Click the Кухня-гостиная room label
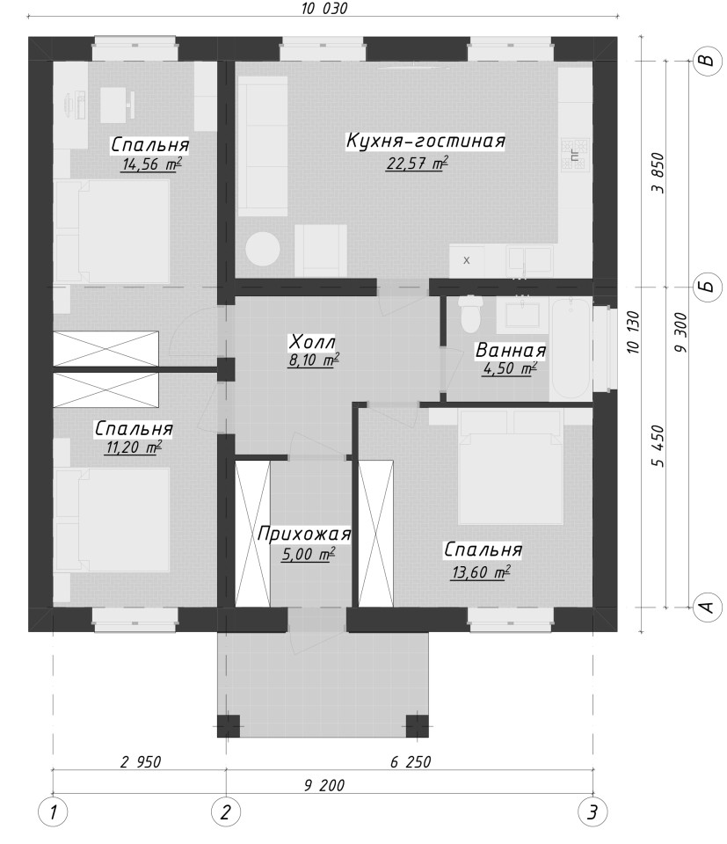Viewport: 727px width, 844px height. point(425,141)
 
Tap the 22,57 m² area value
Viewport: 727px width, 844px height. point(417,164)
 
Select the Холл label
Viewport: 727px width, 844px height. point(312,342)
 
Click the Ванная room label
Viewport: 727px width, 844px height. point(510,351)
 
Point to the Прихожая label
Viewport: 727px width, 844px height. point(304,534)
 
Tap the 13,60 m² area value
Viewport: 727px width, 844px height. point(481,571)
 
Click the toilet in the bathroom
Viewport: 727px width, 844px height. point(470,314)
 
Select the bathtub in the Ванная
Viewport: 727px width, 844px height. point(571,348)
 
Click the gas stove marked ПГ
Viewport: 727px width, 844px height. point(575,155)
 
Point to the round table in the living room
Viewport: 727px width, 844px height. point(263,249)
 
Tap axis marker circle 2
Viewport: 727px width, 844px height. point(226,811)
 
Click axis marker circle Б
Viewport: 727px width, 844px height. point(706,286)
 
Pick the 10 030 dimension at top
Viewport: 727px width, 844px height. point(324,9)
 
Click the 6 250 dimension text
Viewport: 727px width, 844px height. point(410,761)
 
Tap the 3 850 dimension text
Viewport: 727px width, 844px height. point(658,173)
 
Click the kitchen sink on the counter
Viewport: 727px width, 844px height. point(530,260)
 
